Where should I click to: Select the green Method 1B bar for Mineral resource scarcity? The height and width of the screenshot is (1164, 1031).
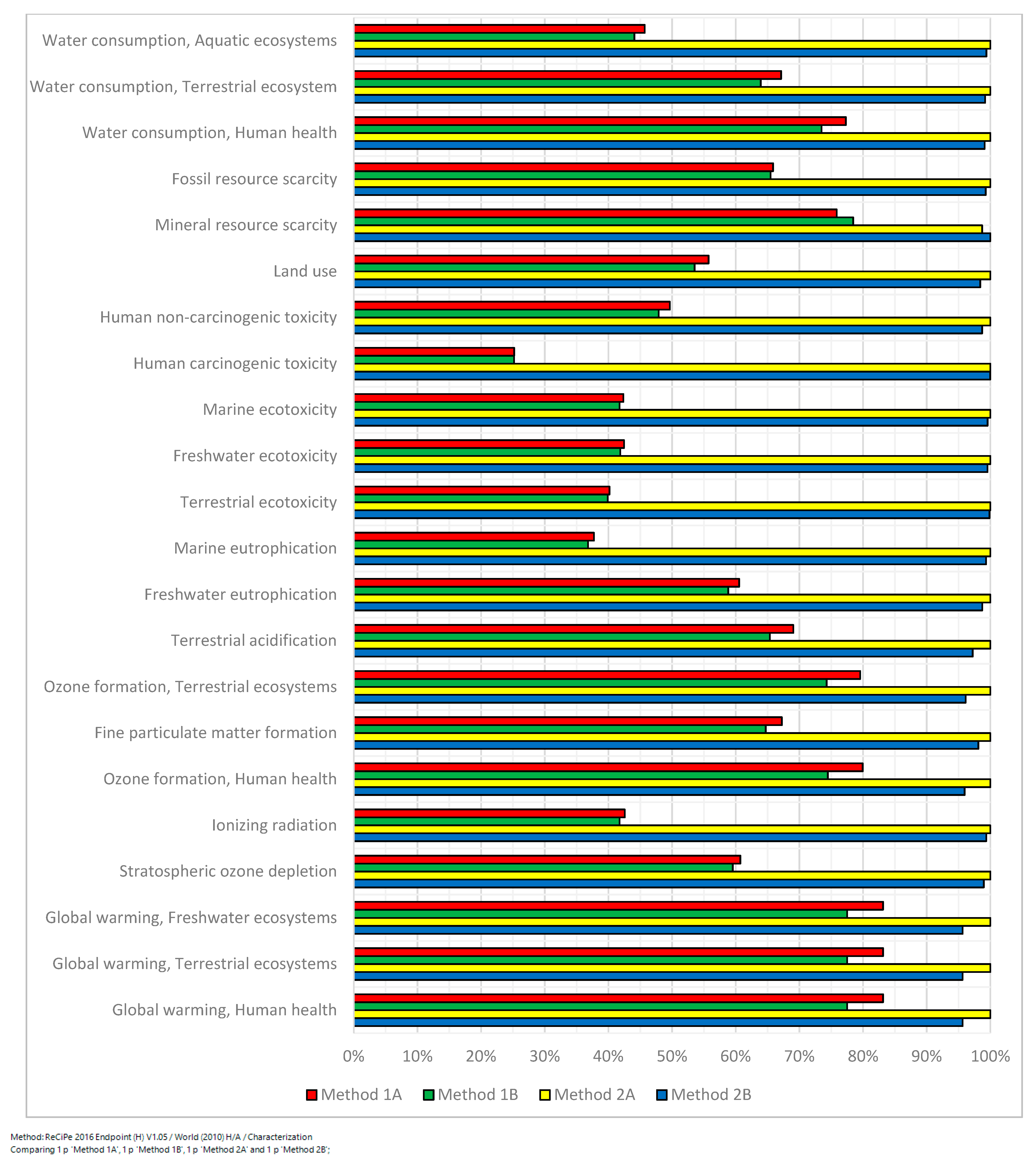click(x=604, y=221)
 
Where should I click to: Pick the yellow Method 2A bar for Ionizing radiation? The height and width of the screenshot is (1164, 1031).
click(x=672, y=829)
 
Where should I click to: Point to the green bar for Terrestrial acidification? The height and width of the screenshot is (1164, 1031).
click(x=562, y=637)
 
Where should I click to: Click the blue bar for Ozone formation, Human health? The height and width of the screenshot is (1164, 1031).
click(x=659, y=791)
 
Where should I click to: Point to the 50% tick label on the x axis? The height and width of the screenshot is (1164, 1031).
click(x=672, y=1056)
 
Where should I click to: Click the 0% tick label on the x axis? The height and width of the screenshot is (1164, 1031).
click(x=353, y=1056)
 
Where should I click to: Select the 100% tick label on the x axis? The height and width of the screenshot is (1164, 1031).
click(x=990, y=1056)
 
